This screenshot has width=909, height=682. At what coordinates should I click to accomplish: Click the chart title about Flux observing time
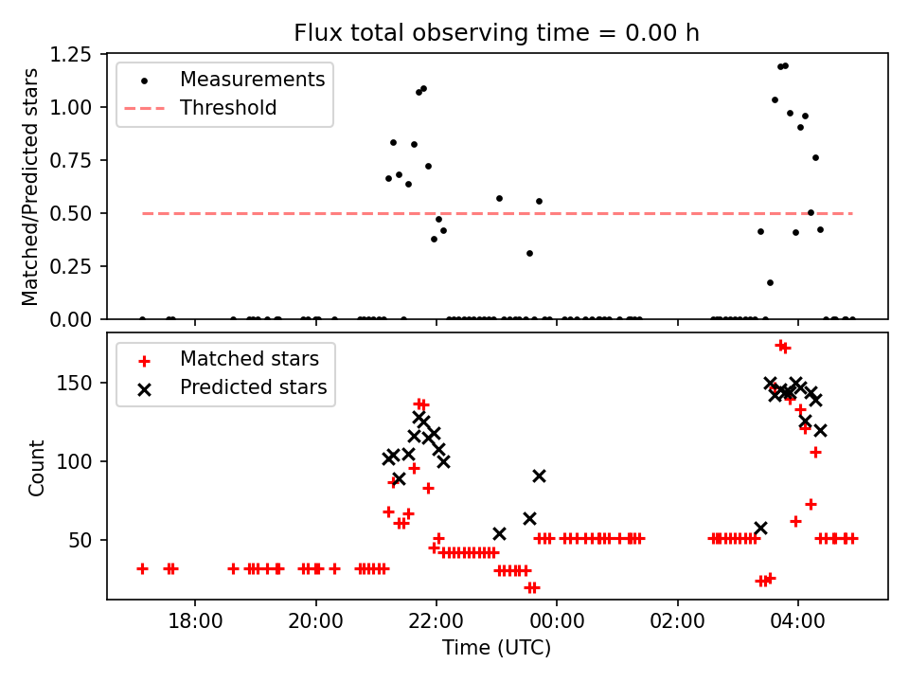click(496, 33)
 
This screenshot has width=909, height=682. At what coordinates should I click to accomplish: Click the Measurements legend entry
click(252, 80)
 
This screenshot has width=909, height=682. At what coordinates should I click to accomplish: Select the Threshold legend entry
click(228, 108)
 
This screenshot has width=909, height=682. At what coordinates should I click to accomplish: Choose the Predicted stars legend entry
click(253, 387)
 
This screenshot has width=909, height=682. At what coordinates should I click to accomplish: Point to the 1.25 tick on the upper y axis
click(78, 55)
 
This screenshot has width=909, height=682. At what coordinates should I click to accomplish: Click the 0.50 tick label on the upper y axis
click(78, 214)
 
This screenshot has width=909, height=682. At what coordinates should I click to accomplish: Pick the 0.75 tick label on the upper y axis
click(78, 161)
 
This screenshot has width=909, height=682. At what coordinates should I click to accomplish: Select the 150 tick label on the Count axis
click(82, 384)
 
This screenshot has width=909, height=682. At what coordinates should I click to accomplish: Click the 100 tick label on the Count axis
click(82, 462)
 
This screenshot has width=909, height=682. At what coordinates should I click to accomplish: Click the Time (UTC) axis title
click(496, 649)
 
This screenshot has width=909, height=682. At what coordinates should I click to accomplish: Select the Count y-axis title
click(37, 468)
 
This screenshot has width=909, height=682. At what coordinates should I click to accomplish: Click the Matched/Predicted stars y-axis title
click(31, 187)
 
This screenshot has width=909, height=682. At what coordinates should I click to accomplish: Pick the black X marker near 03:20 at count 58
click(760, 528)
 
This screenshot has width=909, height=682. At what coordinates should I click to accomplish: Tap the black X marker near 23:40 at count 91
click(539, 476)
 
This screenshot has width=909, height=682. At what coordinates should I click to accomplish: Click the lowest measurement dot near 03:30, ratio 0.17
click(770, 282)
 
